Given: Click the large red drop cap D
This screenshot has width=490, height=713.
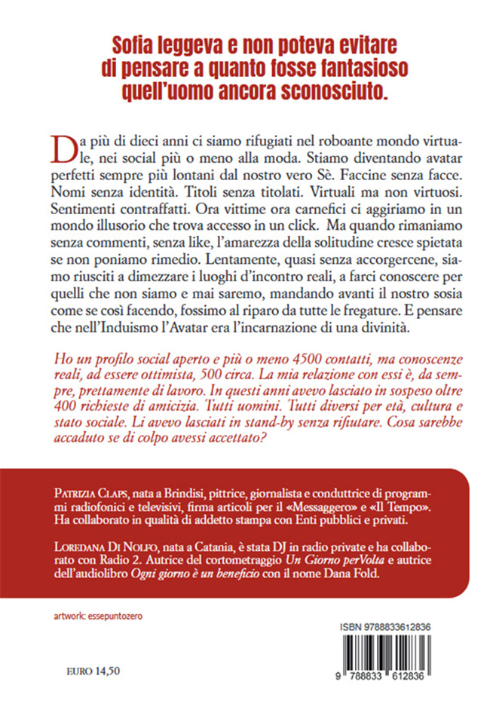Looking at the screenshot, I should (x=67, y=148).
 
